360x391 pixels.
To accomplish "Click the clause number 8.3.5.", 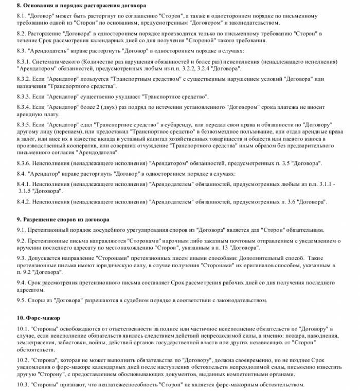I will coord(25,125).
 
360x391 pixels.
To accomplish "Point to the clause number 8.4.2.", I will coord(25,202).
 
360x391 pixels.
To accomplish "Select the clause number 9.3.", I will coord(22,258).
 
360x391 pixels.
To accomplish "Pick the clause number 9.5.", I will coord(22,301).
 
